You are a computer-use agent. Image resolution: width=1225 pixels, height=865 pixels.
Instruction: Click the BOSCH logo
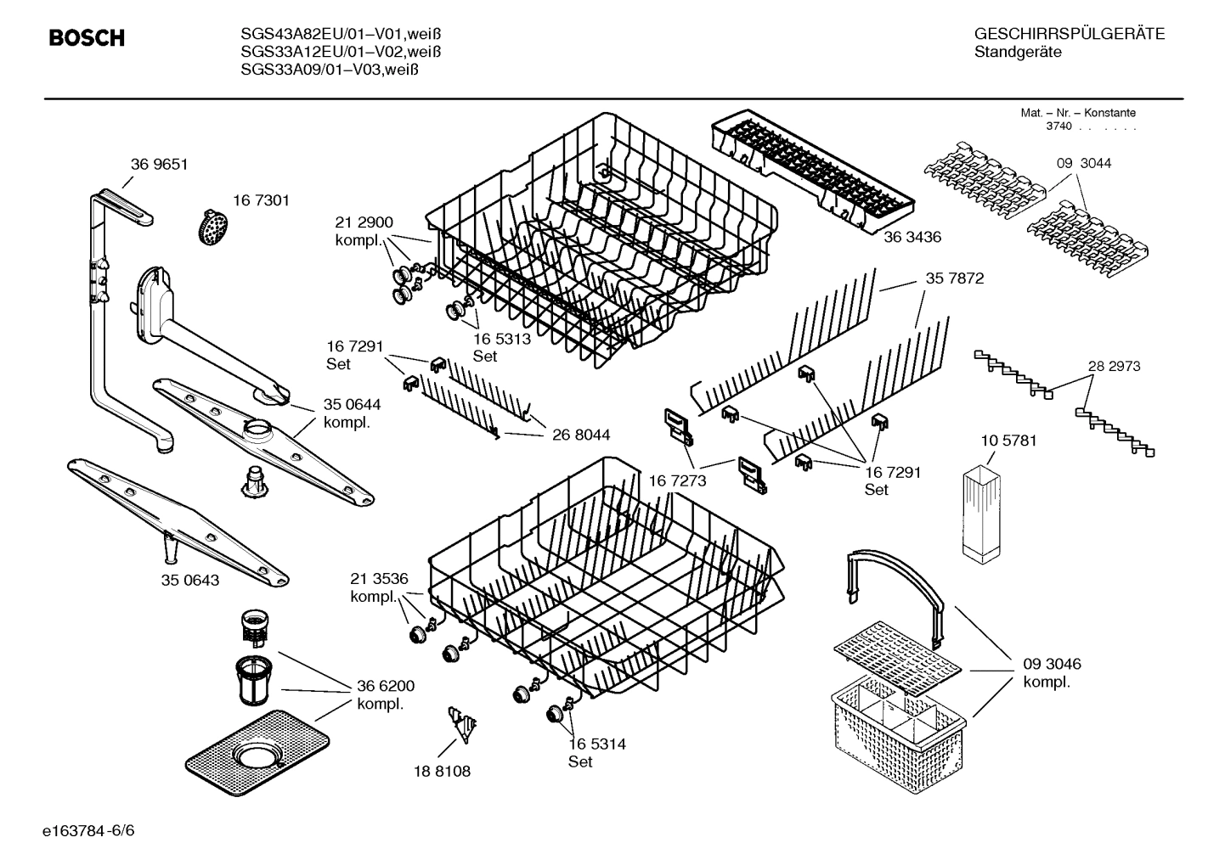coord(87,38)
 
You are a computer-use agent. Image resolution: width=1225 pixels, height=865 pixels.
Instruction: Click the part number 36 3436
coord(912,238)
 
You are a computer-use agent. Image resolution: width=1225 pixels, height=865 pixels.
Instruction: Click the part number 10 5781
coord(1008,441)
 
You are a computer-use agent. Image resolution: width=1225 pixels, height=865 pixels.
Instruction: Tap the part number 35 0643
coord(190,581)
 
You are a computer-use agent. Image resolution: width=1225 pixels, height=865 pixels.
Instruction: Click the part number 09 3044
coord(1084,163)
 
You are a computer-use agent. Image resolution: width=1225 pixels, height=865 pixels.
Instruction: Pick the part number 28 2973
coord(1114,366)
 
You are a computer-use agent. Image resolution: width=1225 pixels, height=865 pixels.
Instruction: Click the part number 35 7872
coord(955,278)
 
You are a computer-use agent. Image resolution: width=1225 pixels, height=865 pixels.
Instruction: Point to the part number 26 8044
coord(581,435)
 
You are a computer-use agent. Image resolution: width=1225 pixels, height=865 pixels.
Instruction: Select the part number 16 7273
coord(677,481)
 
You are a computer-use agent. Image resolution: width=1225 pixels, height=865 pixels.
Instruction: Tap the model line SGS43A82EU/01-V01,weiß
coord(341,34)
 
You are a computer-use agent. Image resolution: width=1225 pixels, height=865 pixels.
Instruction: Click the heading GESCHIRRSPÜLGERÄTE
coord(1070,34)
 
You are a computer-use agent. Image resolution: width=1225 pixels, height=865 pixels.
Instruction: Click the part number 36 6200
coord(386,686)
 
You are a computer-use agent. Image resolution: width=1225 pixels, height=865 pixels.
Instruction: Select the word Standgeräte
coord(1018,53)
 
